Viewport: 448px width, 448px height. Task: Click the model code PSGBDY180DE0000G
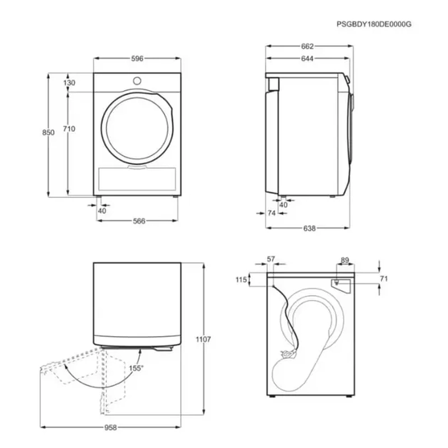pyautogui.click(x=374, y=24)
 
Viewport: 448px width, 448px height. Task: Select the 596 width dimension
pyautogui.click(x=137, y=59)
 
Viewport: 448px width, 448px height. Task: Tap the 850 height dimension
pyautogui.click(x=48, y=133)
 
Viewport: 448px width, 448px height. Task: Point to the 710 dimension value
pyautogui.click(x=69, y=129)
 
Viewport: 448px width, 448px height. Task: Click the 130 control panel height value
pyautogui.click(x=69, y=83)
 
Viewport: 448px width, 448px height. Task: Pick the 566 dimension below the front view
pyautogui.click(x=139, y=221)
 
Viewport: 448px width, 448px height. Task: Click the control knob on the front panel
pyautogui.click(x=137, y=81)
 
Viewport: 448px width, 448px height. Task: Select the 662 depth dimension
pyautogui.click(x=307, y=46)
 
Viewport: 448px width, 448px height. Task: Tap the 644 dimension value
pyautogui.click(x=307, y=59)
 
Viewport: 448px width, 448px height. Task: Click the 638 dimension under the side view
pyautogui.click(x=310, y=228)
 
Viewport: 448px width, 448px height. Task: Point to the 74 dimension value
pyautogui.click(x=272, y=213)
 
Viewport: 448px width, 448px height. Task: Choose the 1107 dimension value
pyautogui.click(x=203, y=339)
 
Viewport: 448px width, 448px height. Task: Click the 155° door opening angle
pyautogui.click(x=136, y=368)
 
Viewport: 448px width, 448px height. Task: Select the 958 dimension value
pyautogui.click(x=110, y=427)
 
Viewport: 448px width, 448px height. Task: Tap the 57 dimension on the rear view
pyautogui.click(x=271, y=259)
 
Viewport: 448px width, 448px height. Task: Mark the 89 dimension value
pyautogui.click(x=345, y=260)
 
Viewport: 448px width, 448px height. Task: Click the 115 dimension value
pyautogui.click(x=241, y=279)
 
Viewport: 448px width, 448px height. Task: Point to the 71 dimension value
pyautogui.click(x=384, y=278)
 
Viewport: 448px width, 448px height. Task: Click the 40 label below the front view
pyautogui.click(x=102, y=211)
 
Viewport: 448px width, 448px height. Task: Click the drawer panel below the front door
pyautogui.click(x=137, y=179)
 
